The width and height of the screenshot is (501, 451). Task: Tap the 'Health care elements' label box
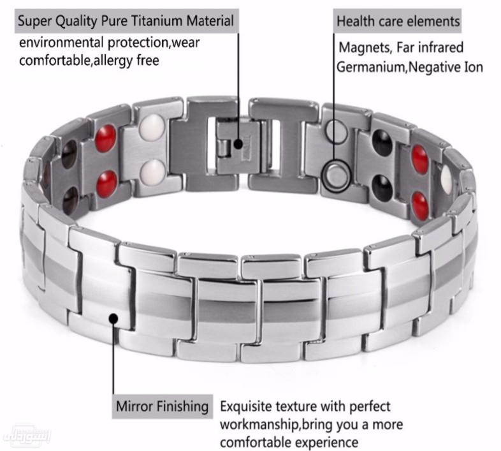(398, 21)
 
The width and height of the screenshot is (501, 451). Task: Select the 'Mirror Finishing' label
(163, 406)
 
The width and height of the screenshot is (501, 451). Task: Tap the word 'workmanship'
(261, 424)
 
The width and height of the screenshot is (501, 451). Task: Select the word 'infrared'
(442, 47)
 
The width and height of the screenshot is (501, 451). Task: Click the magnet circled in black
(335, 175)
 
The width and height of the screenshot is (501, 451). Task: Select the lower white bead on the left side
(154, 170)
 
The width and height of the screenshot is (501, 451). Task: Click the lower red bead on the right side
(420, 204)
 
